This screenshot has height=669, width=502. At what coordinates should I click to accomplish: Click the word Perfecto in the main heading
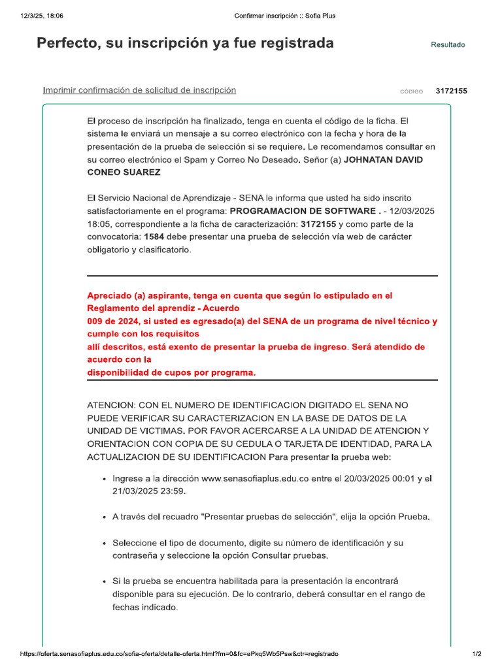[x=66, y=43]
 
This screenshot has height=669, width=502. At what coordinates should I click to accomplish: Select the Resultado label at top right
[x=448, y=45]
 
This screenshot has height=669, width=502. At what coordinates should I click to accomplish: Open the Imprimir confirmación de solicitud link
[x=139, y=90]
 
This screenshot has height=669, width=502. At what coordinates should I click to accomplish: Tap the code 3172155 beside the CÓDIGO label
[x=451, y=91]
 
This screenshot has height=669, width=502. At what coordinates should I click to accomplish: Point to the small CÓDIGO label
[x=411, y=92]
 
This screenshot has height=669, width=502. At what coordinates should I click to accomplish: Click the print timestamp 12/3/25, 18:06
[x=37, y=15]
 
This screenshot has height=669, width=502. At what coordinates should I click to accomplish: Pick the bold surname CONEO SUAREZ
[x=124, y=172]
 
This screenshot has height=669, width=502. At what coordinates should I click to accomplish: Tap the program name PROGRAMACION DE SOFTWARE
[x=303, y=211]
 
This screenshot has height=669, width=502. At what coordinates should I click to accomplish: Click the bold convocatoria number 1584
[x=154, y=237]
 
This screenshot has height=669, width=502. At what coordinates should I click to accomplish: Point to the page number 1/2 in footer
[x=477, y=654]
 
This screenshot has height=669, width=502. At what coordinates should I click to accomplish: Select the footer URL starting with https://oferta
[x=180, y=654]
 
